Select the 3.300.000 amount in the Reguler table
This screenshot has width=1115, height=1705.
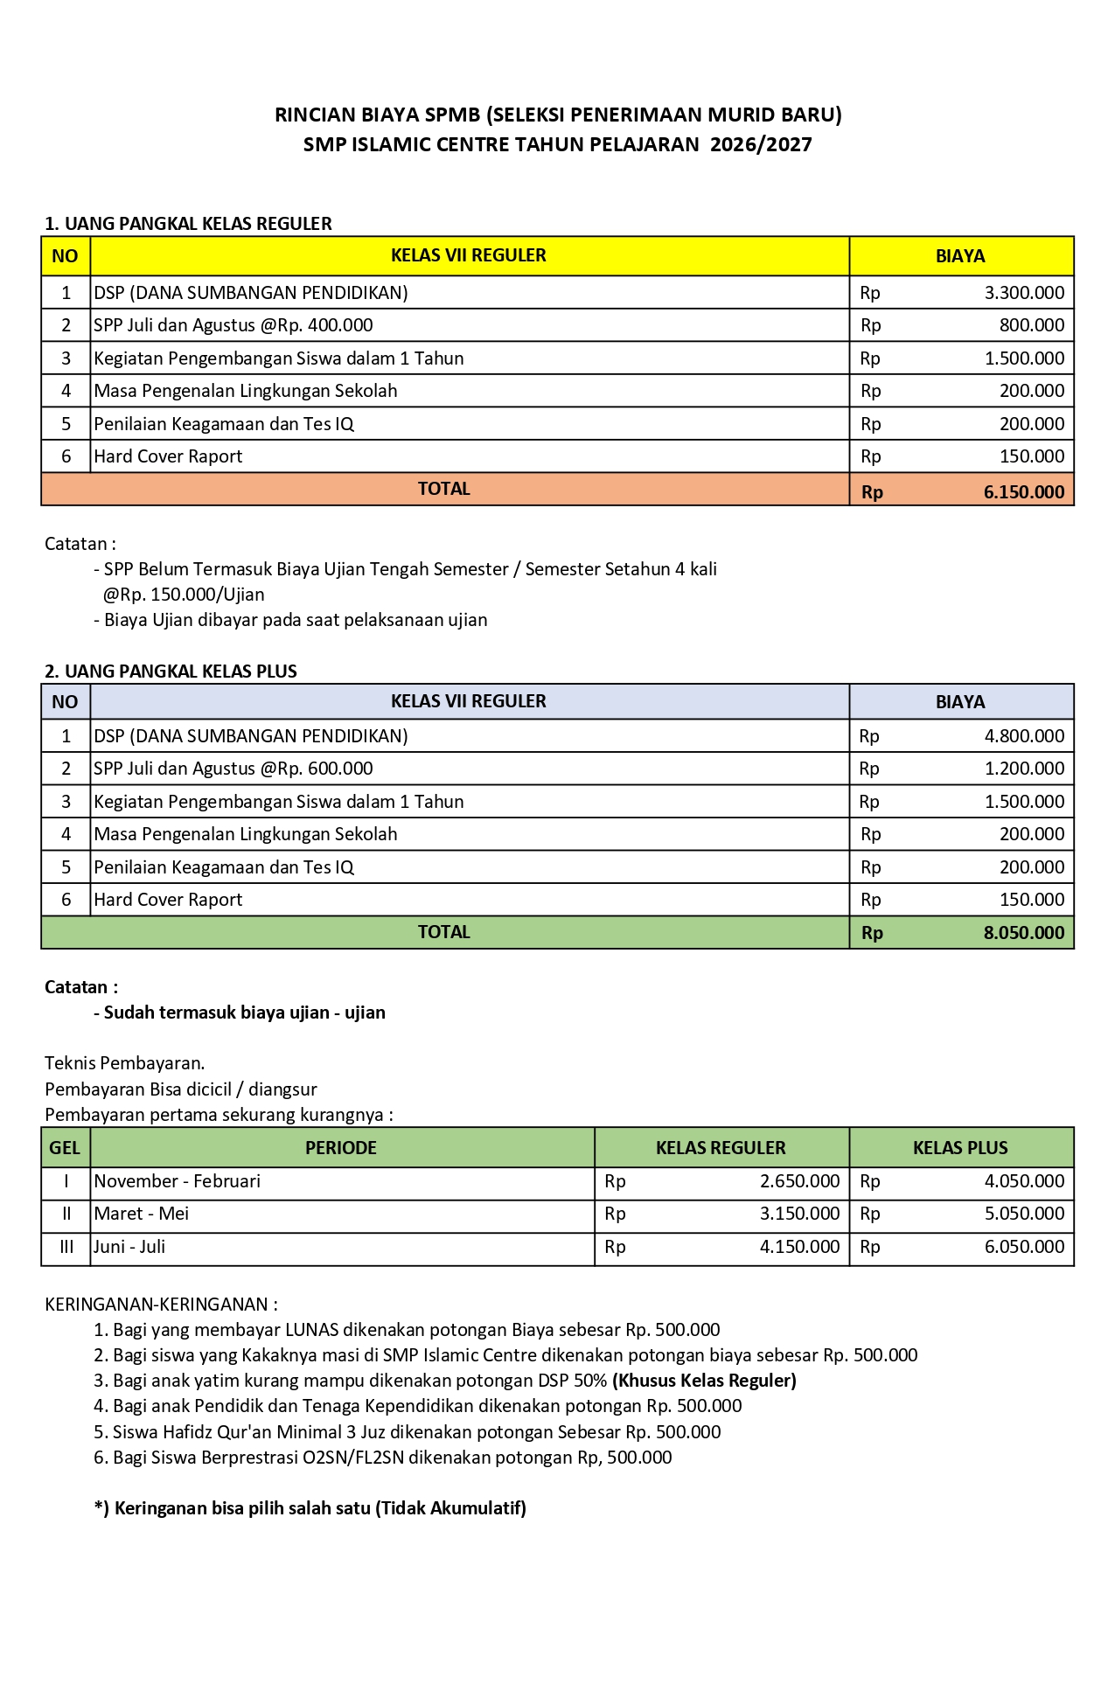pos(1024,293)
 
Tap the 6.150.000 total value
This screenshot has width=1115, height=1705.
pos(1023,491)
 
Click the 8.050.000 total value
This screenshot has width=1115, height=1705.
pos(1023,933)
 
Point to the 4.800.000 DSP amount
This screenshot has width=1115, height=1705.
pos(1024,736)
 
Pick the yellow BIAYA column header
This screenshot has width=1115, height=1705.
pos(960,256)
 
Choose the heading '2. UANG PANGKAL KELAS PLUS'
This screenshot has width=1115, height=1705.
pos(171,672)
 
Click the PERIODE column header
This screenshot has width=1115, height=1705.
pos(341,1148)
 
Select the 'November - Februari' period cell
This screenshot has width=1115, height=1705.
pos(178,1181)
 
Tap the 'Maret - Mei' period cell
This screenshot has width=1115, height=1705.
pos(142,1214)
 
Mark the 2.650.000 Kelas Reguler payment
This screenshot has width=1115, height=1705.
pos(799,1181)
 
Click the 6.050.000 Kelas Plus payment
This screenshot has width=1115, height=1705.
pos(1024,1247)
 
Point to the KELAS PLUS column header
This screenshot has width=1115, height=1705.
pos(960,1148)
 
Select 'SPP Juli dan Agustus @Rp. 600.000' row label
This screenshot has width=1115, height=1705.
pos(233,769)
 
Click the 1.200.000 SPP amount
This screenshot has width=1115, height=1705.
pos(1024,769)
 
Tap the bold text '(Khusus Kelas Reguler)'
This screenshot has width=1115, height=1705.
pos(704,1381)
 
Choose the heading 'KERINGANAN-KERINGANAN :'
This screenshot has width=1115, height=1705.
pos(161,1305)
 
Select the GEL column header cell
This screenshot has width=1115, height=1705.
pos(65,1148)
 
